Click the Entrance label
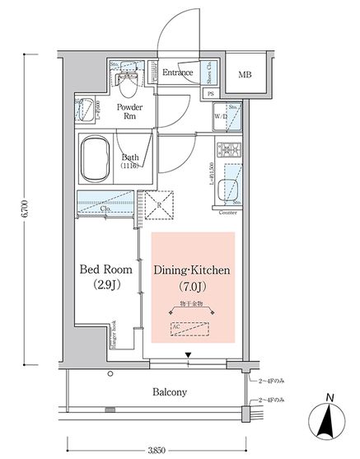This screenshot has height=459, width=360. [177, 73]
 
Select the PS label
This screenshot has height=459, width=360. [211, 94]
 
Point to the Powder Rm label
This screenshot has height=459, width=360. [131, 112]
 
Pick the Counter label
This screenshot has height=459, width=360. [228, 213]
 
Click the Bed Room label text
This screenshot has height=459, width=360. [106, 269]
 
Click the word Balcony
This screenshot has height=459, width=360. [169, 392]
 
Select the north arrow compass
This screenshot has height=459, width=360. [329, 424]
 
